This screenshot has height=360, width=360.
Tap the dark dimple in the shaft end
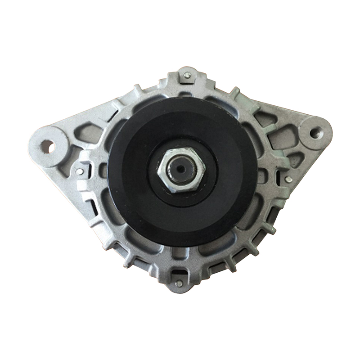[x=180, y=169]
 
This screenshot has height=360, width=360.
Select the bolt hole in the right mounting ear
[x=316, y=132]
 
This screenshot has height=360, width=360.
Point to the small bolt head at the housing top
[x=187, y=76]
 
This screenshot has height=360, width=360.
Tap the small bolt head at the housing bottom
[x=179, y=283]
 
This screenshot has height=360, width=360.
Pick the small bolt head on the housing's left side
[x=80, y=171]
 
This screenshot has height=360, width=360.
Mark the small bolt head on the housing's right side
[x=288, y=180]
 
